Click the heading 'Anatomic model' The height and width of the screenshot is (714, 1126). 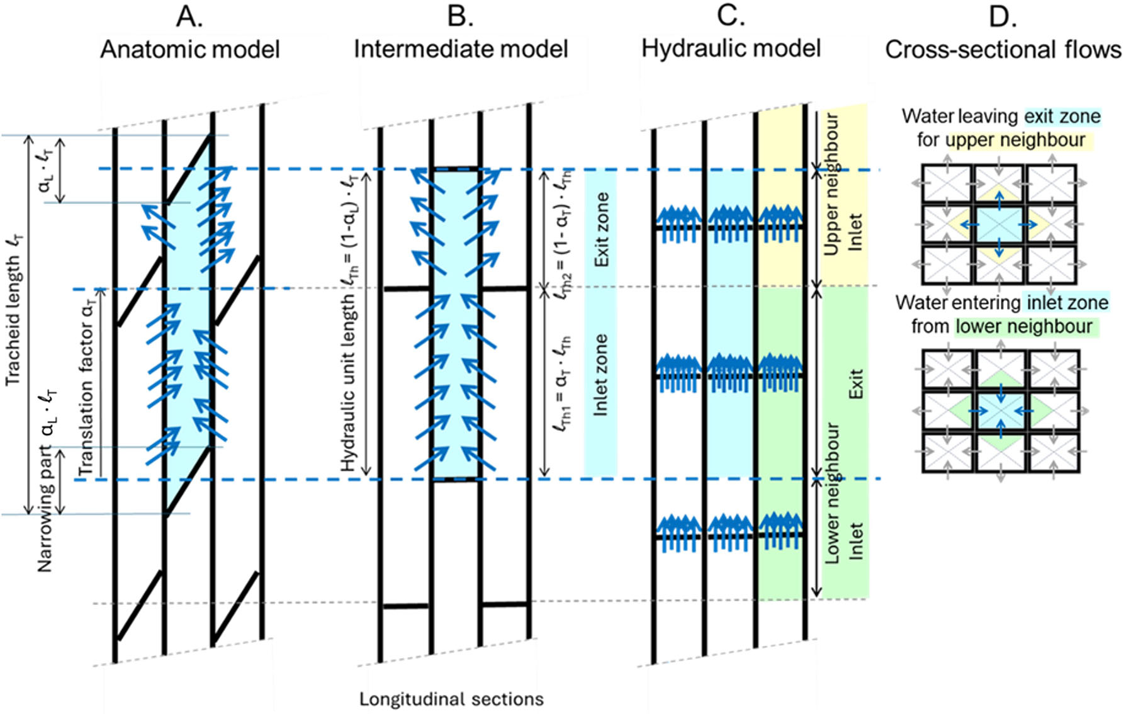[190, 49]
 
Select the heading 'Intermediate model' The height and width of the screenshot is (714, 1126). [461, 49]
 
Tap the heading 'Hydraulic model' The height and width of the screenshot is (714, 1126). [731, 48]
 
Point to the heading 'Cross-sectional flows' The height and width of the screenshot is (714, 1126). [1003, 50]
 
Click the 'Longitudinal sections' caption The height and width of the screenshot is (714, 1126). [451, 699]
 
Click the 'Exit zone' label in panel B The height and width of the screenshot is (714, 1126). [602, 229]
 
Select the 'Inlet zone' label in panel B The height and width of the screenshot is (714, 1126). [601, 375]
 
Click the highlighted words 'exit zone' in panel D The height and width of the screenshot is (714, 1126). [1062, 116]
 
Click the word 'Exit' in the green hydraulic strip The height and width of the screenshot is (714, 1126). [855, 383]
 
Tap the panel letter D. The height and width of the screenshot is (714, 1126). [1002, 16]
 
